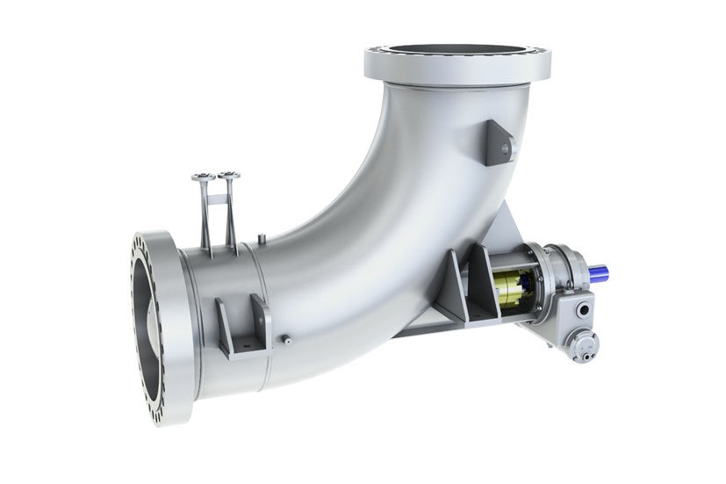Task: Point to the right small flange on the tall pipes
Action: [228, 175]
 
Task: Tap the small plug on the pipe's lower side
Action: [285, 337]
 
